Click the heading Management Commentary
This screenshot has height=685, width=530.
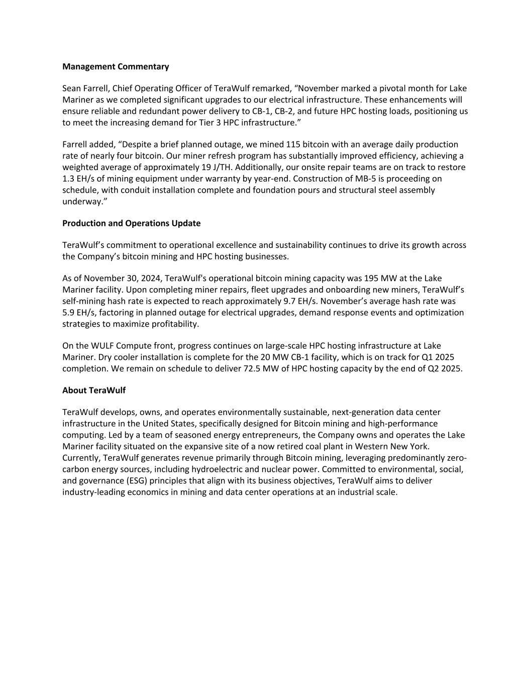pyautogui.click(x=116, y=67)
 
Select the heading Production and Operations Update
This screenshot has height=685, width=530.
pyautogui.click(x=131, y=223)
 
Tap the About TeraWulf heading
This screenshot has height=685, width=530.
pyautogui.click(x=94, y=390)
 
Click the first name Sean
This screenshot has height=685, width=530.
pyautogui.click(x=72, y=88)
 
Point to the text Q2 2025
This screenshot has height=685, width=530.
pyautogui.click(x=446, y=368)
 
